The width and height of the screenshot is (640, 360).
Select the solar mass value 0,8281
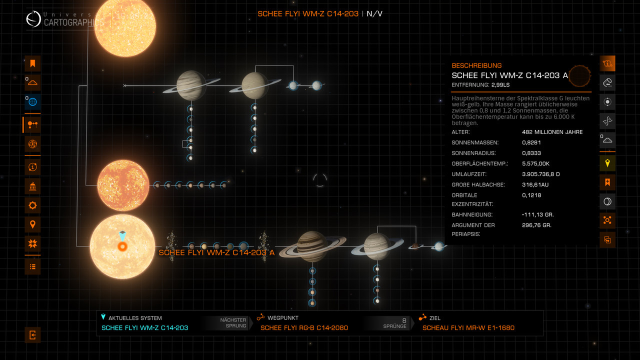coord(531,142)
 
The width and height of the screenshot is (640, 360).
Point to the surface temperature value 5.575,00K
coord(535,163)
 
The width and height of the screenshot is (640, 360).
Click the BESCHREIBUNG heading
coord(476,65)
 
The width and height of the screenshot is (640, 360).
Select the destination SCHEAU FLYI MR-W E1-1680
coord(468,327)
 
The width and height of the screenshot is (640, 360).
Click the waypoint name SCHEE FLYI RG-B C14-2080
coord(304,327)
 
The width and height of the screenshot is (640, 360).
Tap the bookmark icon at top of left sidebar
coord(32,63)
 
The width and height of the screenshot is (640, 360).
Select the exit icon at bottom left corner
coord(32,335)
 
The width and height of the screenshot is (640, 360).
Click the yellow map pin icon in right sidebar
coord(607,163)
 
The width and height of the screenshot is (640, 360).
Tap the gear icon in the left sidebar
coord(32,205)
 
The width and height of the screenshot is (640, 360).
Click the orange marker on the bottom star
coord(122,246)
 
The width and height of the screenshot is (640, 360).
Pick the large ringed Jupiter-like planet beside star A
coord(312,246)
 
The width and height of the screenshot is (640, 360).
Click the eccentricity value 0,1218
coord(531,195)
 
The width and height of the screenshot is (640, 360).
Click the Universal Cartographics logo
coord(34,19)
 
